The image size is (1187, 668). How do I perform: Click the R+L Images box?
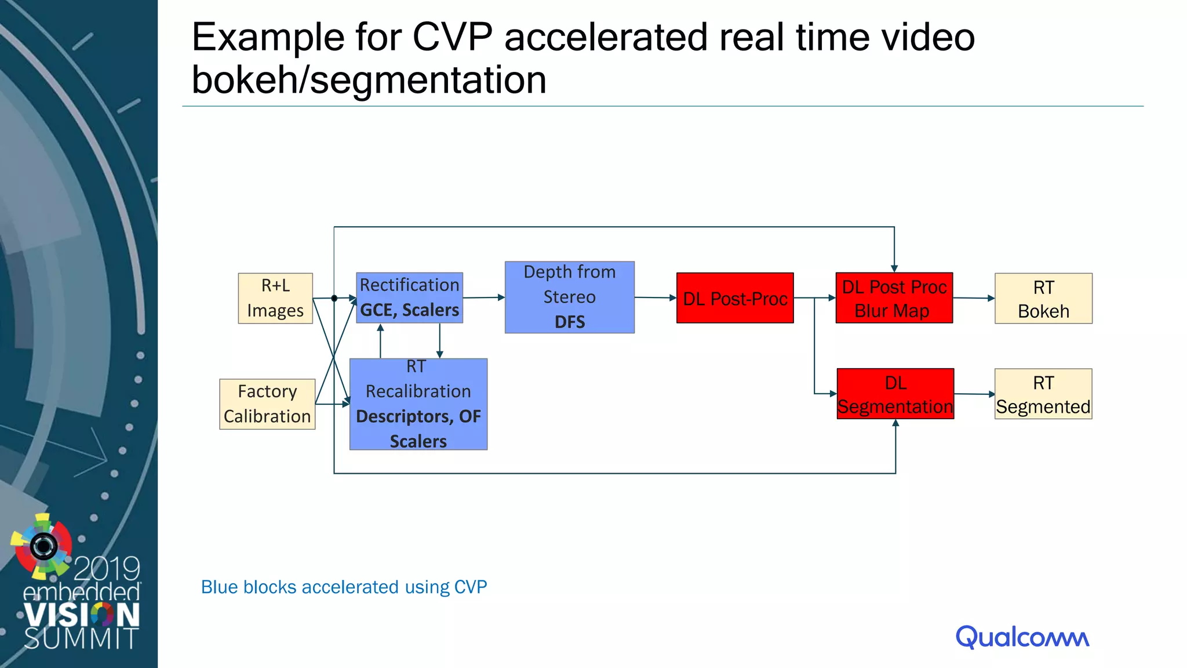coord(275,298)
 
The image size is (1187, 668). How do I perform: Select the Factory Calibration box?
coord(267,404)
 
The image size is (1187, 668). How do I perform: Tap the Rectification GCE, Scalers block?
coord(409,297)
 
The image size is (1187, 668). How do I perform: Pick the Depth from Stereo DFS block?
coord(569,297)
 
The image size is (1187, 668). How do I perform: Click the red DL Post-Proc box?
coord(734,298)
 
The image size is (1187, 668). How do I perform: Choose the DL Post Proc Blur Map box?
coord(894,298)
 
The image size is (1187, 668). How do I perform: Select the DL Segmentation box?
coord(895,394)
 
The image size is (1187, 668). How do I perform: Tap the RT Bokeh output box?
coord(1043,299)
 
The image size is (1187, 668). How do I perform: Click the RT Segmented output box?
coord(1043,394)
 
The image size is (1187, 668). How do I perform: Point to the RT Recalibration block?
coord(418,404)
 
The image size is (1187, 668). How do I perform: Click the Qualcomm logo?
coord(1022,637)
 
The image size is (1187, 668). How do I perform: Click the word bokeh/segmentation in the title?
coord(369,80)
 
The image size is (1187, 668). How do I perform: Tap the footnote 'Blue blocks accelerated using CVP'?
coord(344,587)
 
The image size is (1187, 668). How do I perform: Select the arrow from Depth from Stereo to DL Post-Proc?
coord(656,297)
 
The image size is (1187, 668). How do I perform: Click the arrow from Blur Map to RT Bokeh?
coord(974,298)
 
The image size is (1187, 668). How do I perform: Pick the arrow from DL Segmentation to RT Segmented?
coord(974,394)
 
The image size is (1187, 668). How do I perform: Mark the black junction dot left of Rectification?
coord(334,298)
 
